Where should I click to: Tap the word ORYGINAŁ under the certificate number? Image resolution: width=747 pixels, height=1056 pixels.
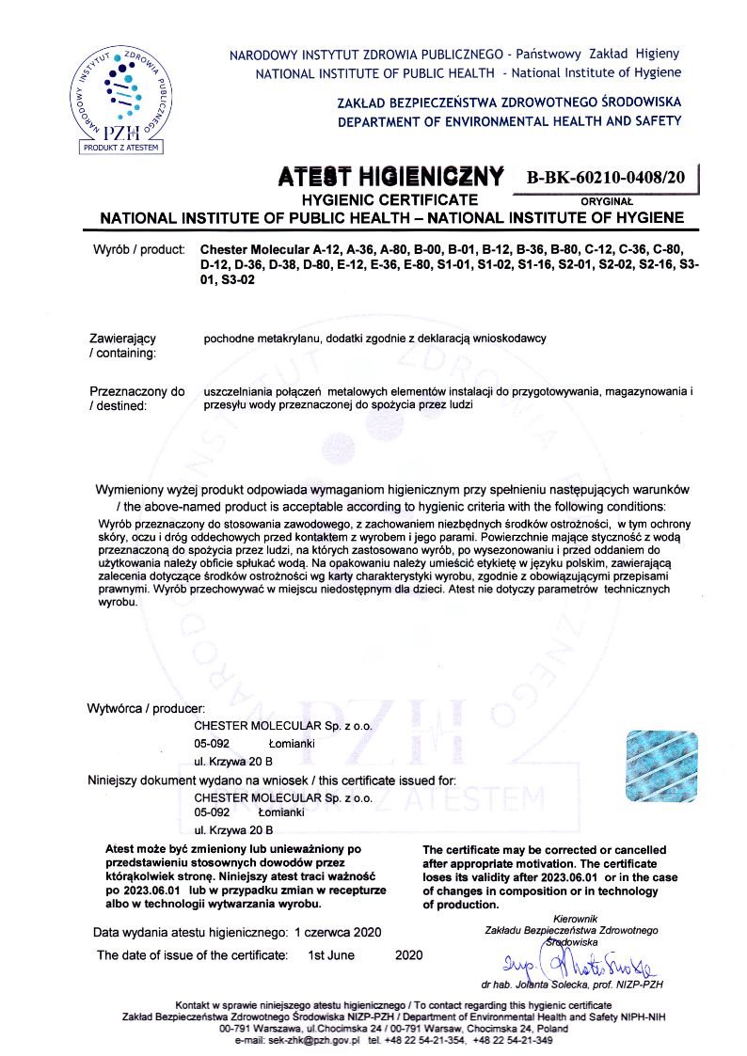[x=607, y=200]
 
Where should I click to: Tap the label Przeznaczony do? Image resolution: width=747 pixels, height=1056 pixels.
[x=137, y=390]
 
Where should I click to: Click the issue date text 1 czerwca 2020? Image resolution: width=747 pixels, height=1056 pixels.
[x=337, y=933]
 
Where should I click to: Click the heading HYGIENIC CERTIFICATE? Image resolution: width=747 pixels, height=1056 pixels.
[x=389, y=200]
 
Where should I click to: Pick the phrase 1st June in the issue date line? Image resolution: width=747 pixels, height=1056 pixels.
[x=331, y=955]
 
